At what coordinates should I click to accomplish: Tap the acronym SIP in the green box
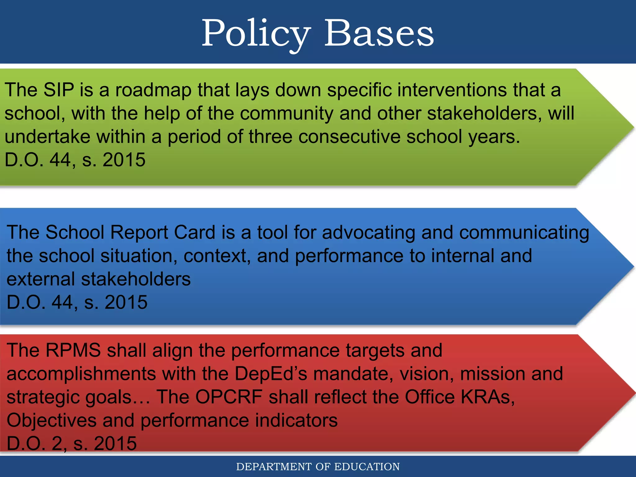pyautogui.click(x=59, y=90)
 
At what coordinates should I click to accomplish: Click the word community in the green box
pyautogui.click(x=286, y=113)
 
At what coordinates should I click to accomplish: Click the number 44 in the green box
pyautogui.click(x=60, y=160)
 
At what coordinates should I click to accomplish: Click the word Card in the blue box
pyautogui.click(x=195, y=232)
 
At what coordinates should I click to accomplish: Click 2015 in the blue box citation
pyautogui.click(x=126, y=302)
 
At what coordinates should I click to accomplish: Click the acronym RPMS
pyautogui.click(x=73, y=350)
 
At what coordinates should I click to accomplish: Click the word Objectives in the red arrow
pyautogui.click(x=52, y=420)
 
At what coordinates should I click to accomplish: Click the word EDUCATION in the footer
pyautogui.click(x=367, y=467)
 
